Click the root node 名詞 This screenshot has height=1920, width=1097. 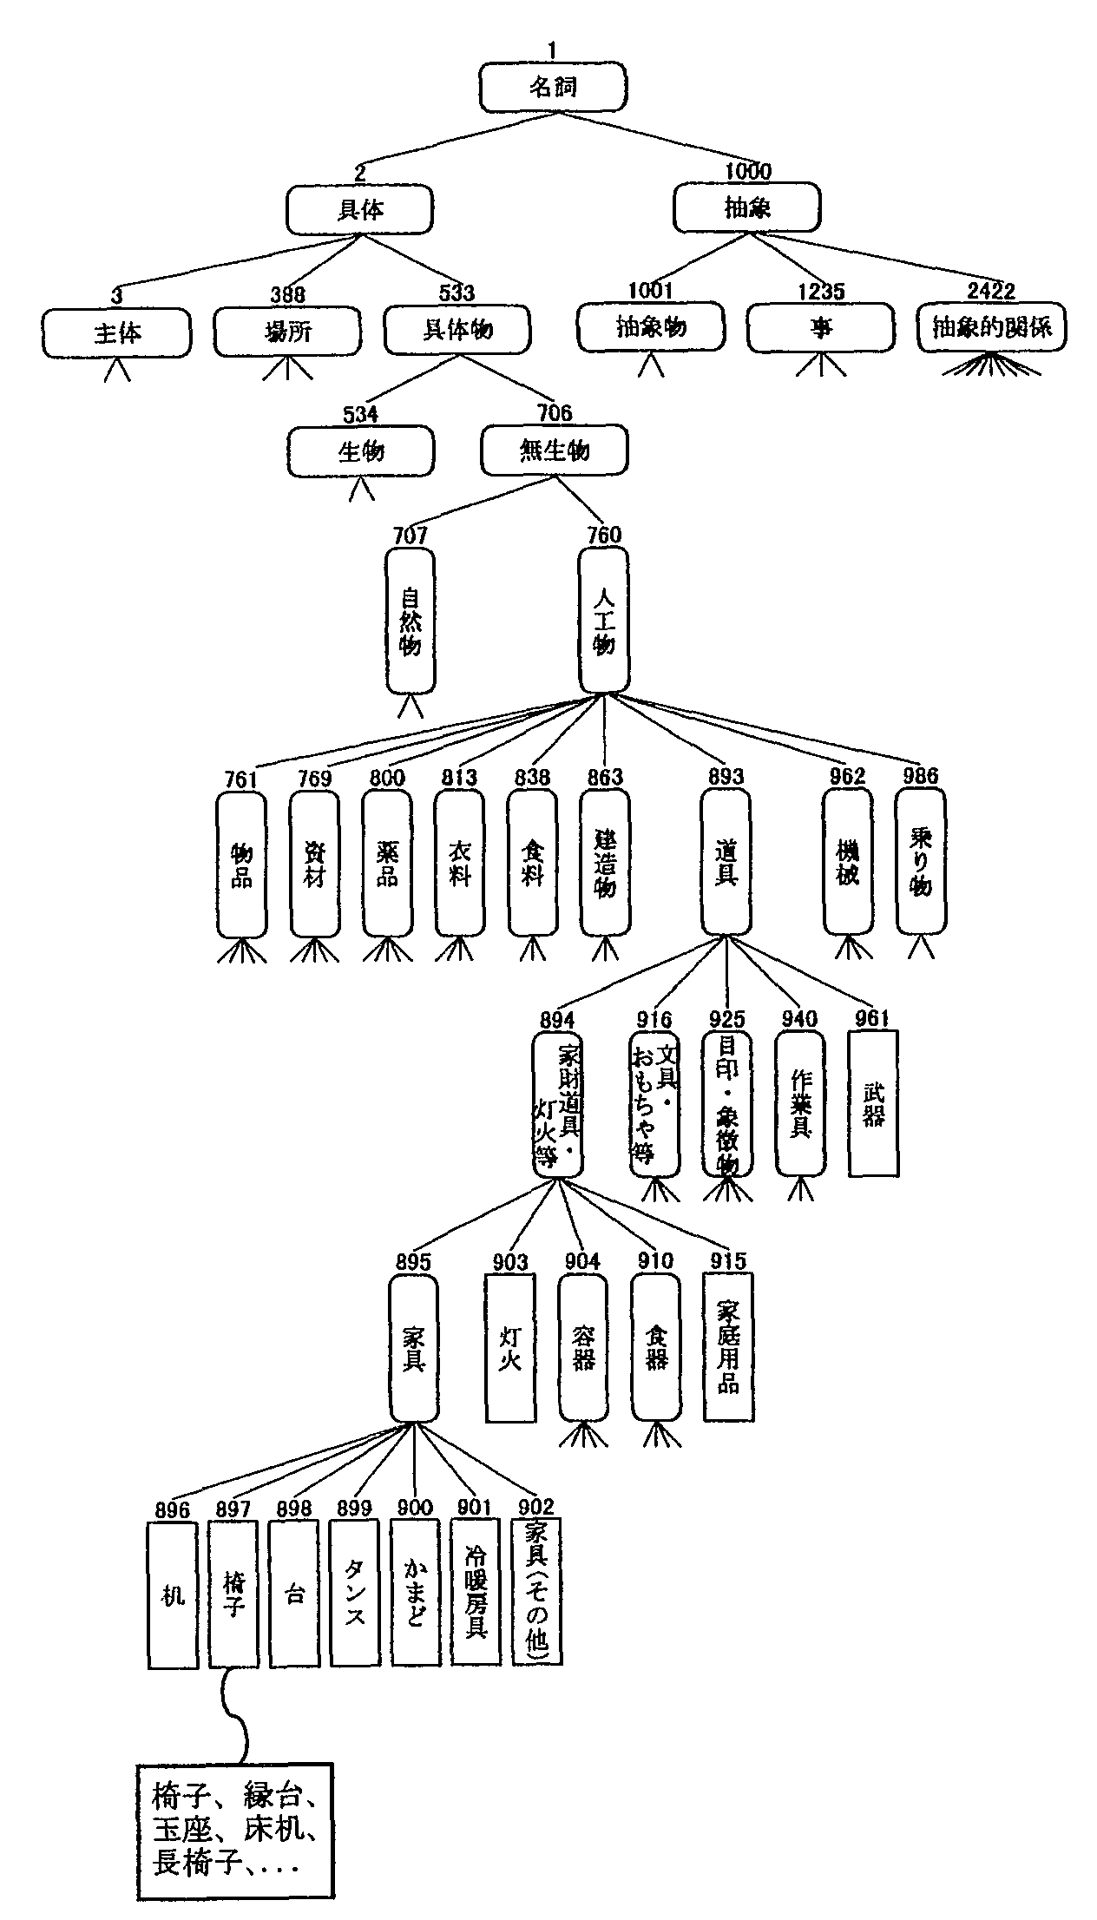552,88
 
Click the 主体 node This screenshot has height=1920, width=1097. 117,332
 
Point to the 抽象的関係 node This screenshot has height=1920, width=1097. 991,327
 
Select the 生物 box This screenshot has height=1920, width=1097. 361,451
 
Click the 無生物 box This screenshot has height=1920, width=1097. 555,450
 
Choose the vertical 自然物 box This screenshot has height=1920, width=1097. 411,621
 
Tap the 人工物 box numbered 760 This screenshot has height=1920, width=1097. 604,621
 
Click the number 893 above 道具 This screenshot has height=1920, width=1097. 726,777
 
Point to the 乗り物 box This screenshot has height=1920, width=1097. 921,861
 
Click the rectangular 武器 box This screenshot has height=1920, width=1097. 873,1103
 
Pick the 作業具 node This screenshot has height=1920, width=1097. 800,1103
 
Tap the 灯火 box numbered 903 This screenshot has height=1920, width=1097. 510,1348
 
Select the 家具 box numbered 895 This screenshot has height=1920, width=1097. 413,1348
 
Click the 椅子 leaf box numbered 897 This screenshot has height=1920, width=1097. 233,1594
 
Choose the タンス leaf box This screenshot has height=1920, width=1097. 354,1594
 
